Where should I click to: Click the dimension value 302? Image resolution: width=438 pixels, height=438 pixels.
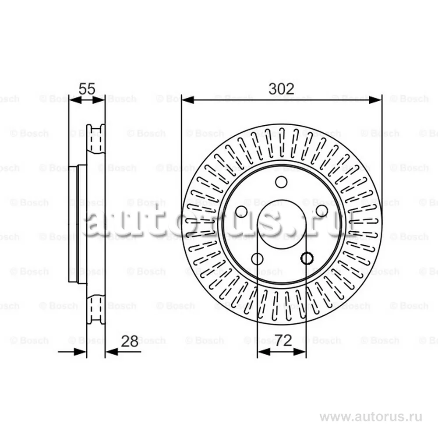coord(281,89)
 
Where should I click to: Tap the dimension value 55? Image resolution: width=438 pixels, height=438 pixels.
coord(87,89)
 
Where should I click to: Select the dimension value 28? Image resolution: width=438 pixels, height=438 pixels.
coord(130,341)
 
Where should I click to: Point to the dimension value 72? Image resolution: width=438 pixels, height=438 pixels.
coord(283,340)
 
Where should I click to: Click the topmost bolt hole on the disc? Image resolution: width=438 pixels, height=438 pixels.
coord(281,182)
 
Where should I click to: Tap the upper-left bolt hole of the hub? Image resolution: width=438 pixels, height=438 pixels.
coord(241,212)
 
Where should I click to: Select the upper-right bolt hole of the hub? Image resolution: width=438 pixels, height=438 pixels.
coord(322,211)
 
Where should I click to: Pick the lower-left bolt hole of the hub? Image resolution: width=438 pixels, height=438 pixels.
coord(257,259)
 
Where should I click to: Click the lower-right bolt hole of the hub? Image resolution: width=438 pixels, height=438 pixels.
coord(307,258)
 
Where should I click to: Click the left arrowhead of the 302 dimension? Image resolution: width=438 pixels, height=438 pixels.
coord(188,100)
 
